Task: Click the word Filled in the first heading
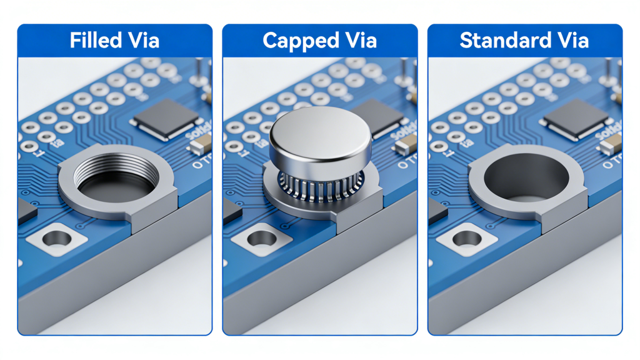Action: pos(94,41)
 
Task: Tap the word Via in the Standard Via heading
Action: pos(572,41)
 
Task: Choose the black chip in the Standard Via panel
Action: pos(576,117)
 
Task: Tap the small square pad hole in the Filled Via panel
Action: pos(57,237)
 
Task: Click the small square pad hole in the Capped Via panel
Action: pos(262,237)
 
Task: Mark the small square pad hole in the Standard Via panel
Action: pos(467,237)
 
